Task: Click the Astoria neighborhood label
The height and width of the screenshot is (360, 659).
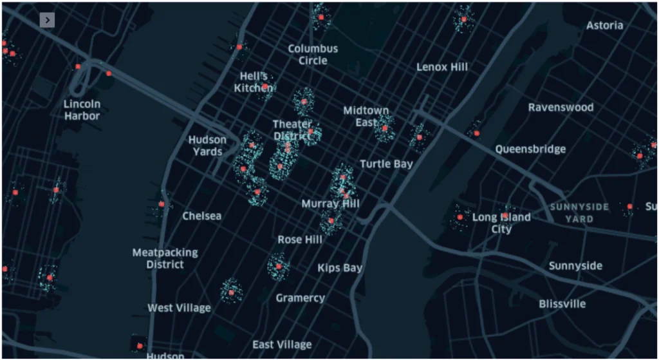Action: pos(604,26)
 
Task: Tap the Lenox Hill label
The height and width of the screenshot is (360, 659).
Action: pos(441,67)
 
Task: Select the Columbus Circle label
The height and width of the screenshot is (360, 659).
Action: pos(313,55)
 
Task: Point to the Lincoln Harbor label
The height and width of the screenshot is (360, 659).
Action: pos(82,110)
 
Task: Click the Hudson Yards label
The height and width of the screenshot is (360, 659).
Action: pos(207,146)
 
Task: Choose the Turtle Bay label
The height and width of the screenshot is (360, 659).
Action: pos(386,164)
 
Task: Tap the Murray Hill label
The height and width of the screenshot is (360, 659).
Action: pos(330,204)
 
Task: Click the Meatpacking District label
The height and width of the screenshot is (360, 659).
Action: pos(165,258)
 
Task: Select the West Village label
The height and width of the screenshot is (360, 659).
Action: pos(179,308)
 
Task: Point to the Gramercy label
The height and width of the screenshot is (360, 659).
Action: pos(300,298)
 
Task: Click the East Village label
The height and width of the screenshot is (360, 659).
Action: pos(282,345)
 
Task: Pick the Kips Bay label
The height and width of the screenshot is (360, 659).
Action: pos(340,268)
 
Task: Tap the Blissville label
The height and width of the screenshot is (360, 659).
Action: pos(562,303)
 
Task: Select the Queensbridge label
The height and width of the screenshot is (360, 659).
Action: pos(530,149)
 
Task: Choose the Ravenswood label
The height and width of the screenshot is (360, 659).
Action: pos(561,108)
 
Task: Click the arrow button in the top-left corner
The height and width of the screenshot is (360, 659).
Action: pos(47,20)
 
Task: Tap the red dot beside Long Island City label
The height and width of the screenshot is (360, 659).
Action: pos(460,218)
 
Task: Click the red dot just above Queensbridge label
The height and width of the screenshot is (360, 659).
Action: pos(476,133)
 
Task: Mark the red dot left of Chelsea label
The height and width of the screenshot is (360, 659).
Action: pos(162,204)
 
